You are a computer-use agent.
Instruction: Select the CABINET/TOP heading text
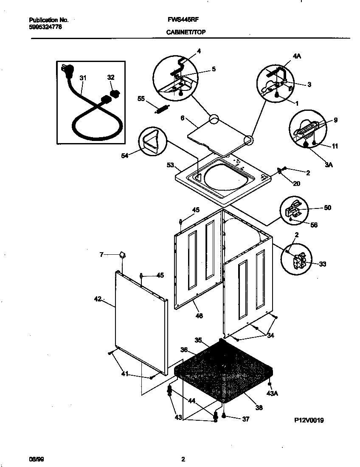[x=186, y=32]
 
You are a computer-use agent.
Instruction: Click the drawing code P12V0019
[x=309, y=420]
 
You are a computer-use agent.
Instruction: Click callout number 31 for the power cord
[x=83, y=78]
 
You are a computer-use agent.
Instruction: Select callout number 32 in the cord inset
[x=111, y=77]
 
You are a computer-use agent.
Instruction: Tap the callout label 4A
[x=297, y=56]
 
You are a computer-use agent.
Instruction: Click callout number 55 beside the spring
[x=141, y=98]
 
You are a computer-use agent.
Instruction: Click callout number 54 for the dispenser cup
[x=125, y=156]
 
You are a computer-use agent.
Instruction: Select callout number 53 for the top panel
[x=170, y=164]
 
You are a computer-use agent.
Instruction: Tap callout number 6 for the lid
[x=182, y=119]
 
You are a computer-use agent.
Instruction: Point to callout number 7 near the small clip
[x=101, y=255]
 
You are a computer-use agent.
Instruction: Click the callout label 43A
[x=272, y=394]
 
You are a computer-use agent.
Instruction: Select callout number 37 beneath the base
[x=245, y=419]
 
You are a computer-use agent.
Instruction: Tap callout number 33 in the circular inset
[x=322, y=264]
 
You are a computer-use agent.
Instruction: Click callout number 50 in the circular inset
[x=327, y=208]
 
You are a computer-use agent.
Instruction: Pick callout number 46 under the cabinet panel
[x=199, y=315]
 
